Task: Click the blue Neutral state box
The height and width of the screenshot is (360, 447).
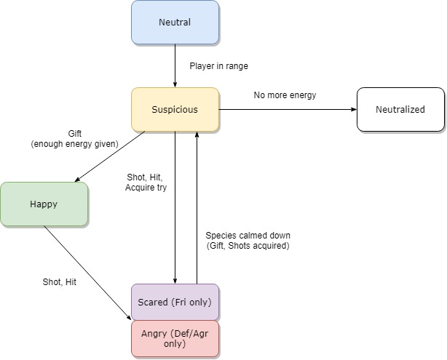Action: tap(175, 23)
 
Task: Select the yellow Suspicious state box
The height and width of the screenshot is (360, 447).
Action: tap(175, 110)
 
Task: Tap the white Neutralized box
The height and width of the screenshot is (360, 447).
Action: tap(400, 110)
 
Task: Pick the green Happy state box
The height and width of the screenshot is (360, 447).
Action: tap(44, 204)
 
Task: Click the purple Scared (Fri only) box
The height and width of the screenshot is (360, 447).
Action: tap(175, 302)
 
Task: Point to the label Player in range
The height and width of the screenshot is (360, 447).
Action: tap(218, 66)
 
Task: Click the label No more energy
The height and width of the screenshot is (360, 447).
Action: tap(285, 95)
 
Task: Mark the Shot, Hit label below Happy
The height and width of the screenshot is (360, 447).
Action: tap(59, 282)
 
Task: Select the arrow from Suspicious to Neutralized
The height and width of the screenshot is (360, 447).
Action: tap(288, 110)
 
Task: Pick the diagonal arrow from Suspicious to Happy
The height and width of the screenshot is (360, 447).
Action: tap(109, 156)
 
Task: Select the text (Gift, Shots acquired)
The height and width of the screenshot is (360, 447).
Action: tap(248, 246)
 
